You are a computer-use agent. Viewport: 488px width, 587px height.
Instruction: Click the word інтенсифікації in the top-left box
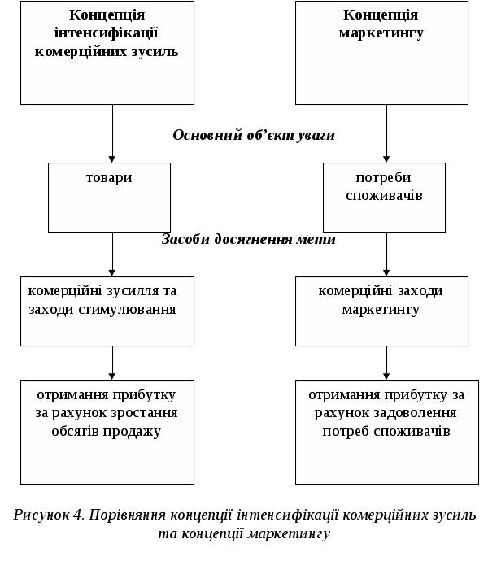click(107, 33)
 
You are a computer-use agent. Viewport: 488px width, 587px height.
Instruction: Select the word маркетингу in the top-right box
click(381, 33)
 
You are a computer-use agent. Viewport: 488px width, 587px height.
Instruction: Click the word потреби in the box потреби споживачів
click(384, 178)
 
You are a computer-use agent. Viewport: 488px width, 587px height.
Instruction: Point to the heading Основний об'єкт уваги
click(254, 135)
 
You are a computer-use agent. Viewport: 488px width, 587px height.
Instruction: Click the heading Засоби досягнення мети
click(249, 239)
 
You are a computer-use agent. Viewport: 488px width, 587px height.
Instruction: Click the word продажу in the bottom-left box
click(142, 431)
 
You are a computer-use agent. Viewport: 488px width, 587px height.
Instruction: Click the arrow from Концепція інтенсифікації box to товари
click(112, 134)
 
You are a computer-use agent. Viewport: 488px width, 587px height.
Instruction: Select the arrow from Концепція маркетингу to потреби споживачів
click(386, 134)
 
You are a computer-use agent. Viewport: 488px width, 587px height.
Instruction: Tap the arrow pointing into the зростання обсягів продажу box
click(112, 363)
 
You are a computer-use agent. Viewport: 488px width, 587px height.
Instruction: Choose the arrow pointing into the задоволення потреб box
click(386, 363)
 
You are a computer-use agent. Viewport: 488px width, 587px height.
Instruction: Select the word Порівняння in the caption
click(127, 515)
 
